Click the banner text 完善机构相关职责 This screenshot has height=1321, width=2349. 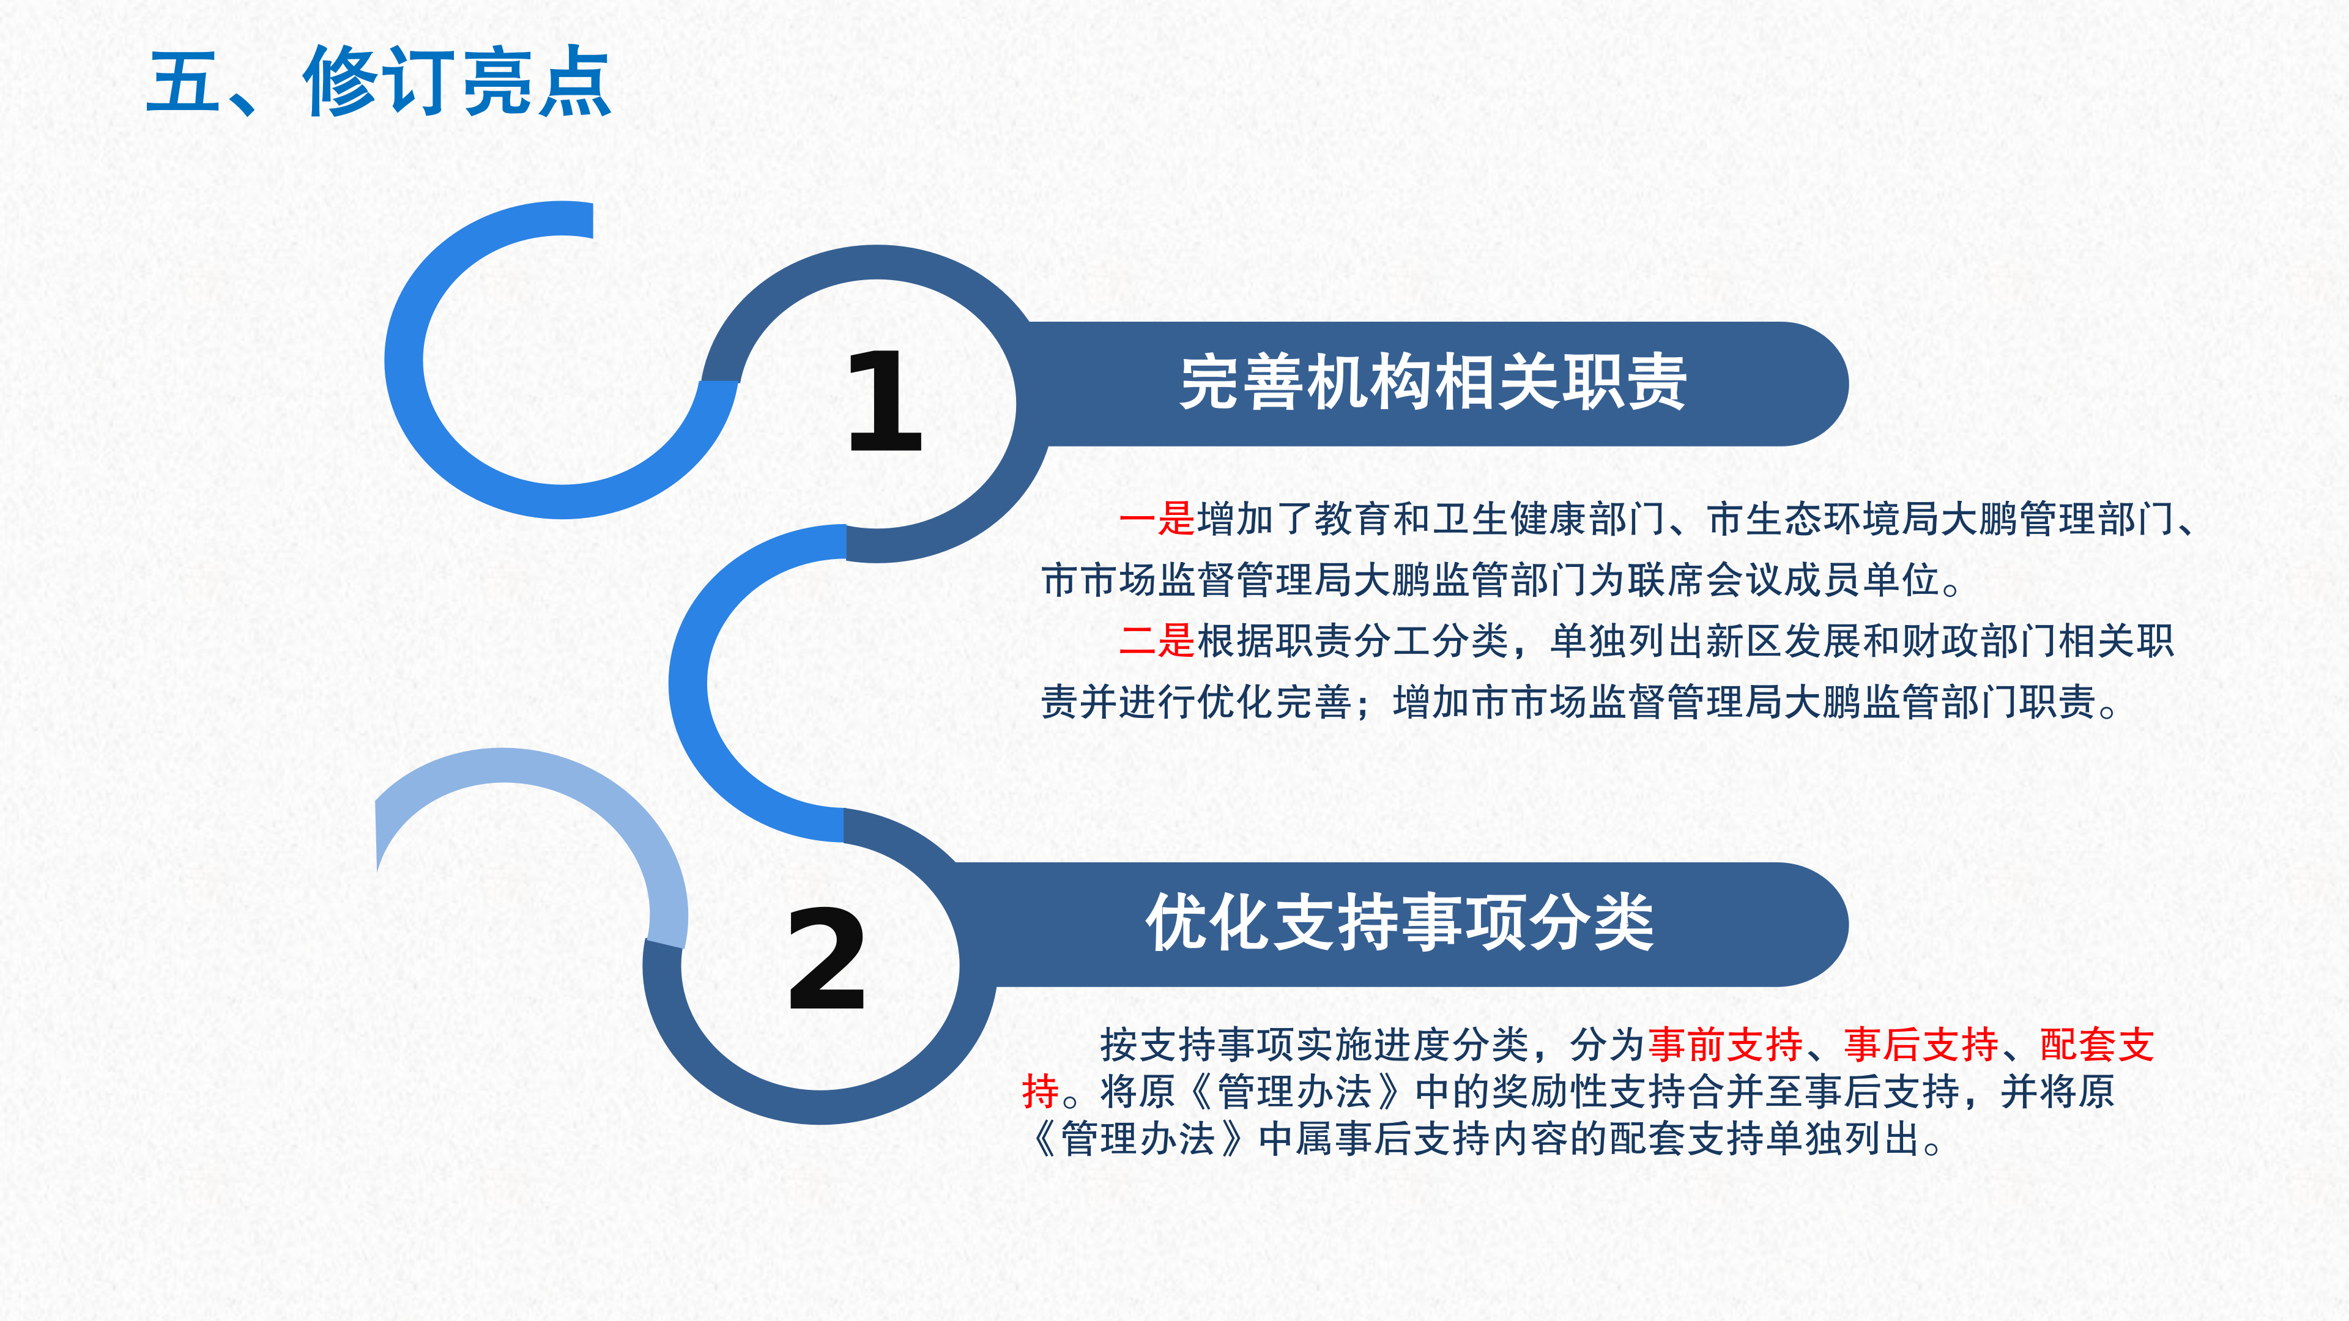(1433, 383)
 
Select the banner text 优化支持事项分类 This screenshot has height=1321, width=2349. (1400, 923)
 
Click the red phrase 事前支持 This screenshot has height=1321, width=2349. (1725, 1045)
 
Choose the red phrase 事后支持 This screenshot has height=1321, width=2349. (1920, 1045)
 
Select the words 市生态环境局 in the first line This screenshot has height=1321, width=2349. (1822, 519)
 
